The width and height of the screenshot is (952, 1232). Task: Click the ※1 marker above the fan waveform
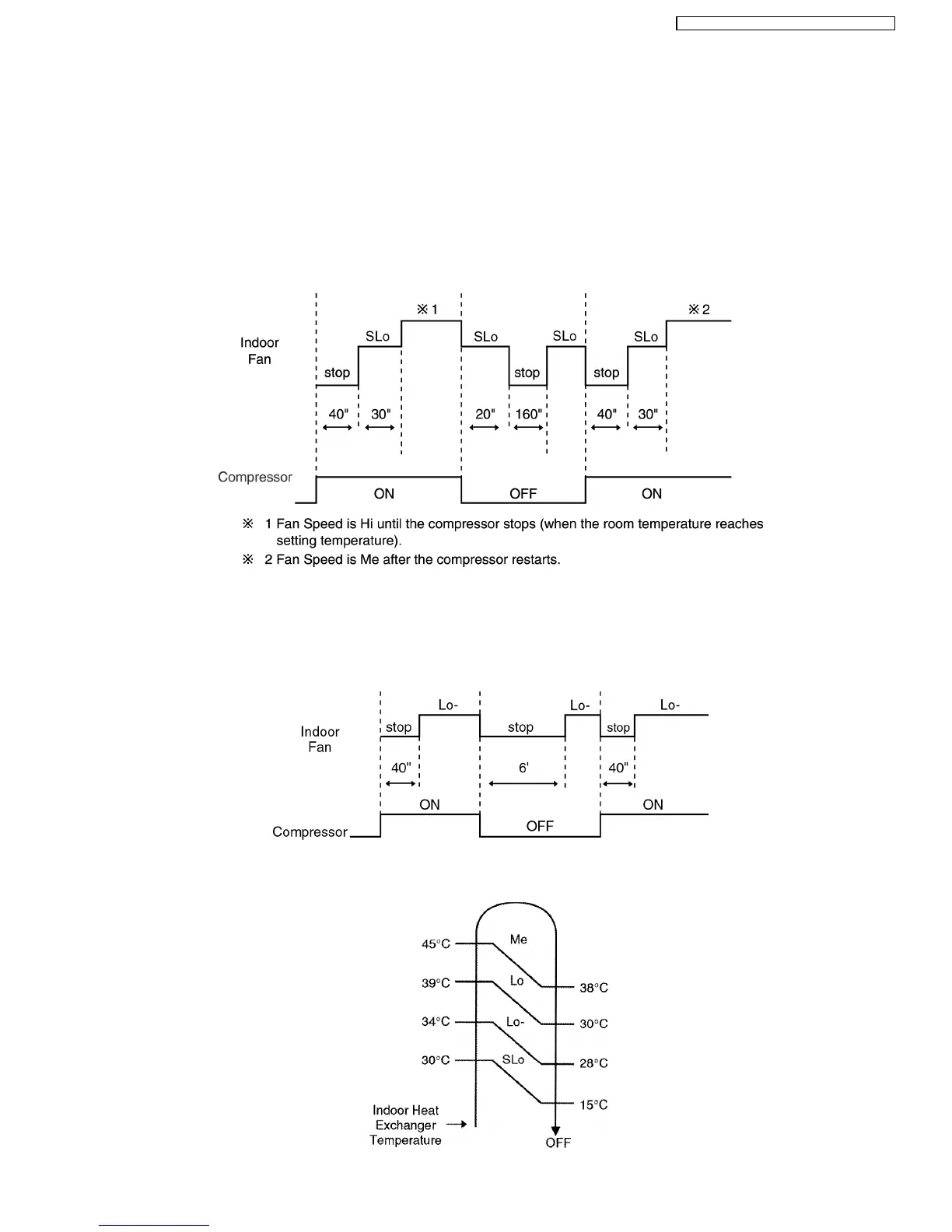click(427, 310)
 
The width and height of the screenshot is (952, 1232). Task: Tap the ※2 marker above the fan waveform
click(698, 310)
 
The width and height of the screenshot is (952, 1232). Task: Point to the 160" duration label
click(528, 414)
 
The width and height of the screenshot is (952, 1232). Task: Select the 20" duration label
click(485, 414)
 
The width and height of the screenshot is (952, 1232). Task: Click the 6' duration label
click(523, 768)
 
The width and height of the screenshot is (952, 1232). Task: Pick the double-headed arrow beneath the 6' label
click(523, 784)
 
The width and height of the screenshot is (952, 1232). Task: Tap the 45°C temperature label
click(436, 943)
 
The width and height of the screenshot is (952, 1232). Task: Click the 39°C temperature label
click(436, 982)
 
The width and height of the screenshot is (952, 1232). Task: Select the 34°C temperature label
click(436, 1021)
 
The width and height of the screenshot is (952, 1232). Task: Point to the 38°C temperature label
click(593, 988)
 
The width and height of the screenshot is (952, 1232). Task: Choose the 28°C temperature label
click(593, 1063)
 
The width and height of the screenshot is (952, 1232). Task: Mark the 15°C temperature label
click(593, 1104)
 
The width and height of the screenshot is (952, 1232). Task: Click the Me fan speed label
click(519, 940)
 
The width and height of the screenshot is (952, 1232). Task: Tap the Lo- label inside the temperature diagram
click(516, 1021)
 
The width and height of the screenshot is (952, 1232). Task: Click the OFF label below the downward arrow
click(558, 1143)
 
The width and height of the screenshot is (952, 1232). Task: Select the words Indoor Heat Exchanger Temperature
click(405, 1125)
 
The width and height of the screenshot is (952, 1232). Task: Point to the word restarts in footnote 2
click(536, 559)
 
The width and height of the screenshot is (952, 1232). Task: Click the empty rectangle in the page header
click(785, 24)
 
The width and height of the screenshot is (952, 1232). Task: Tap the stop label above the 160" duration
click(527, 373)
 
